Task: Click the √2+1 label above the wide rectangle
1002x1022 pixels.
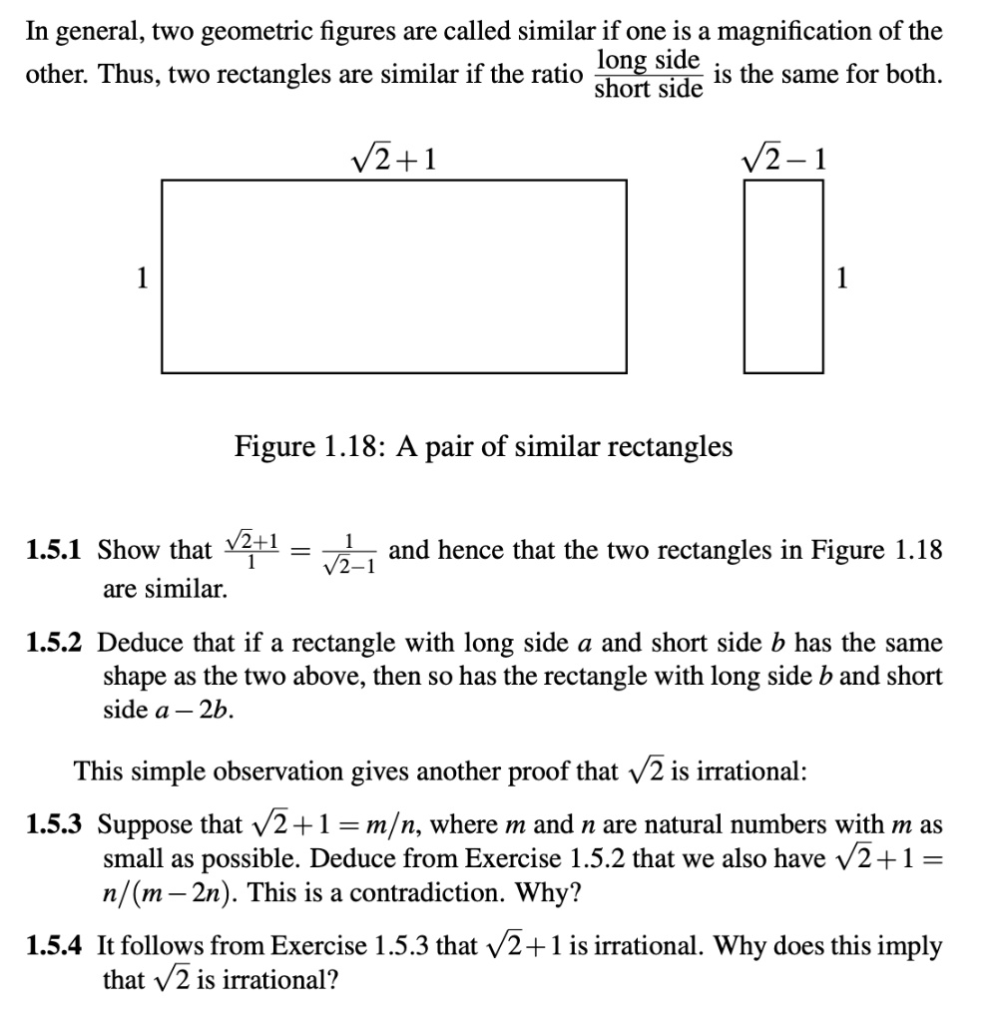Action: coord(395,158)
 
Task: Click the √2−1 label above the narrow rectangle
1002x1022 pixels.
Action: coord(784,158)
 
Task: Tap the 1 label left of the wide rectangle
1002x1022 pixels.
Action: coord(144,278)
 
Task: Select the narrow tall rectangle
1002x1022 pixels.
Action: coord(784,275)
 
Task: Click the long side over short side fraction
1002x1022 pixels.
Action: coord(648,75)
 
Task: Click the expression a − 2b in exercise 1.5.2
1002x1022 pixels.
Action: coord(150,710)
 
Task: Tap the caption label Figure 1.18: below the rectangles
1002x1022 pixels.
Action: coord(310,446)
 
